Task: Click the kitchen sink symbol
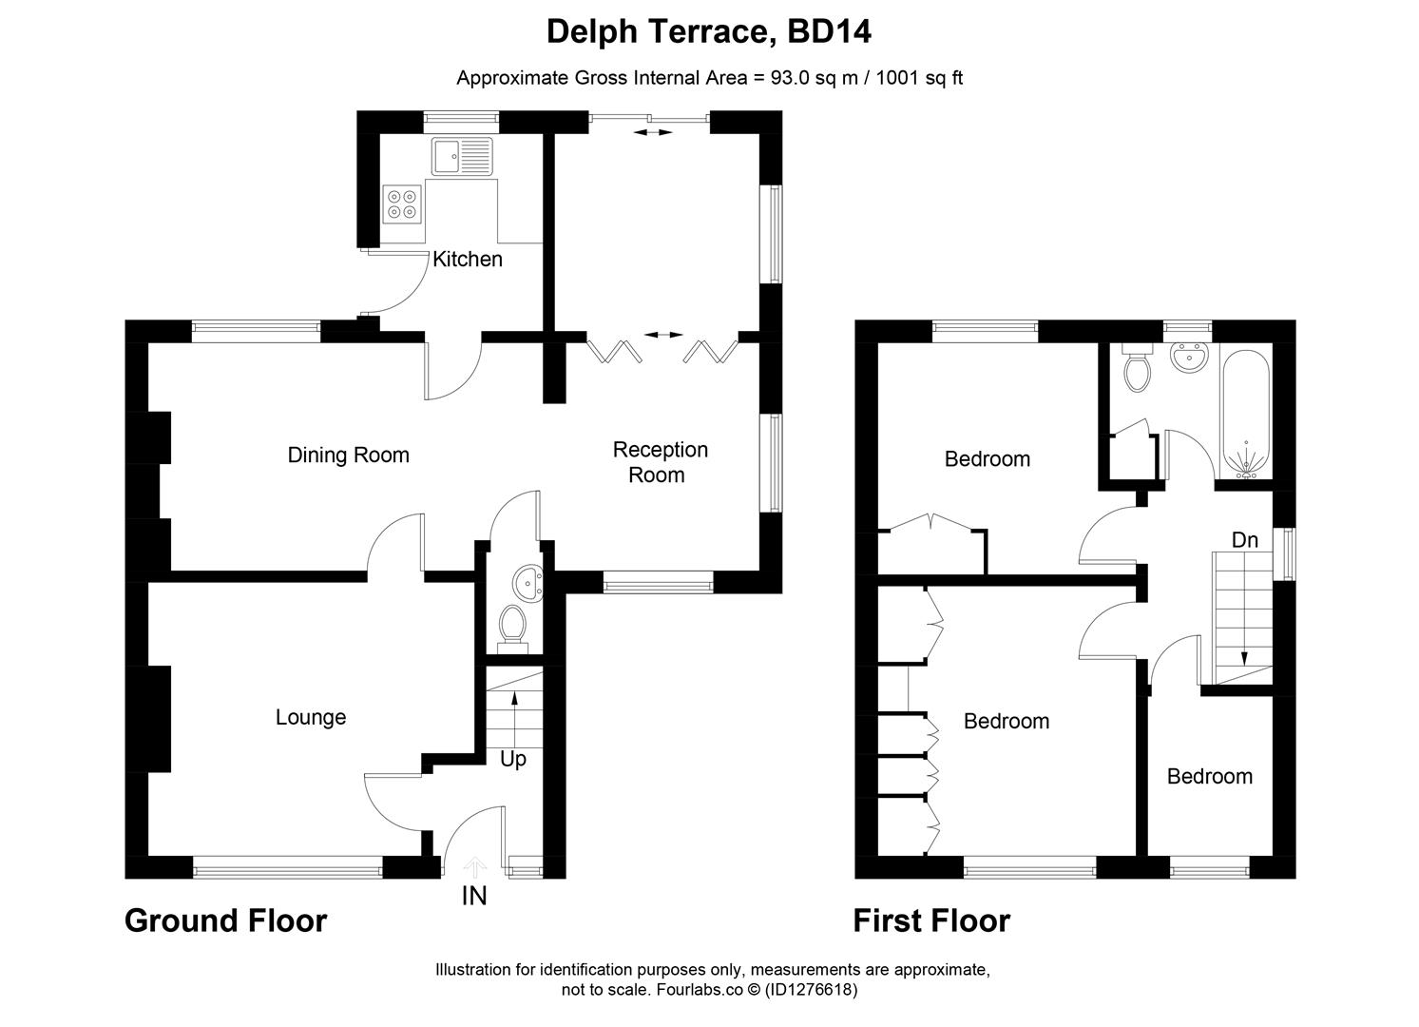coord(462,156)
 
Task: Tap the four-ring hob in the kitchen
coord(402,204)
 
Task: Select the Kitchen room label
coord(467,260)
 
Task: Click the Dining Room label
coord(348,455)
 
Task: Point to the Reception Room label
coord(660,462)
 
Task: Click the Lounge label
coord(310,718)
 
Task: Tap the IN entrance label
coord(474,896)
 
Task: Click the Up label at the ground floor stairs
coord(512,760)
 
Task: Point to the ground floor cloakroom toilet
coord(513,627)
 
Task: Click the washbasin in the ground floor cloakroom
coord(526,580)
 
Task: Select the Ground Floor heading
coord(225,921)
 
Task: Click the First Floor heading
coord(930,921)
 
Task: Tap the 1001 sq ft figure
coord(918,79)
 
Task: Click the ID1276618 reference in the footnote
coord(812,990)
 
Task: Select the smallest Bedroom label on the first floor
coord(1209,777)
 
